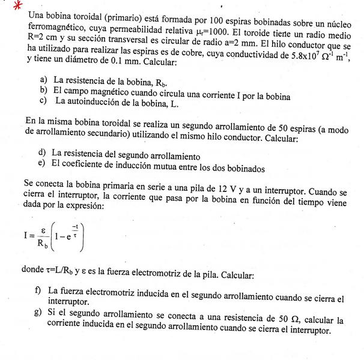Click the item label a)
44,80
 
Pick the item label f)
40,290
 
